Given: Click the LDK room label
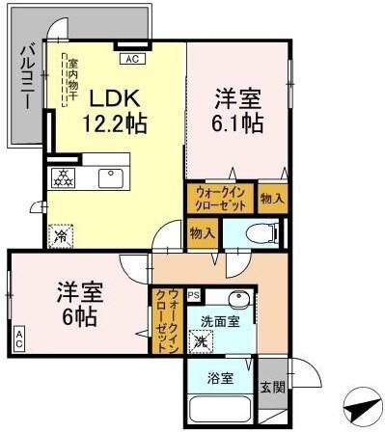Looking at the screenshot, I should click(x=116, y=98).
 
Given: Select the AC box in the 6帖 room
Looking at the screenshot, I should click(x=18, y=338).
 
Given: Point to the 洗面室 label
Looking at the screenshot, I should click(x=219, y=321).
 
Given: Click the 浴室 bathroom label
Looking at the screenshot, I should click(x=219, y=378).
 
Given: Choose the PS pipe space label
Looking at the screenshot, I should click(x=193, y=294).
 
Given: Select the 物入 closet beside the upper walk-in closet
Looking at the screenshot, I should click(x=272, y=198).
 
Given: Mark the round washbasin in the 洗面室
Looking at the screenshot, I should click(x=240, y=299).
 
